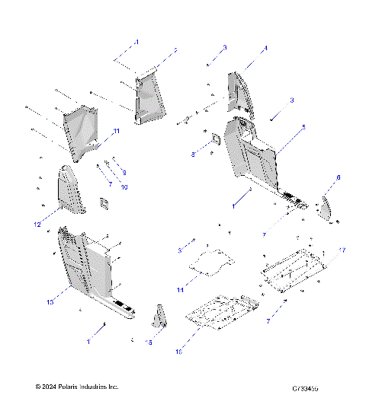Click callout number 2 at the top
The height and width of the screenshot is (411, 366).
coord(175,49)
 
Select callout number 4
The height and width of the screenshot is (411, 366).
coord(265,48)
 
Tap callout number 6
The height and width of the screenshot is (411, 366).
coord(338,177)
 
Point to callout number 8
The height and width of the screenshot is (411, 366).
coord(194,155)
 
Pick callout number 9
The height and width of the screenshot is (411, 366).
coord(124,173)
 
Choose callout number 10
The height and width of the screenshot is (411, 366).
coord(125,186)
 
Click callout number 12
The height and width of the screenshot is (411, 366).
coord(36,225)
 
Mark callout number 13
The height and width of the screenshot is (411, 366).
coord(50,302)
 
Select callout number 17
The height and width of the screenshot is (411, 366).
coord(342,250)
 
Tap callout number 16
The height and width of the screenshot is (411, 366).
coord(179,352)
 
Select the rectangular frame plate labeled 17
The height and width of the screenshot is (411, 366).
coord(294,264)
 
